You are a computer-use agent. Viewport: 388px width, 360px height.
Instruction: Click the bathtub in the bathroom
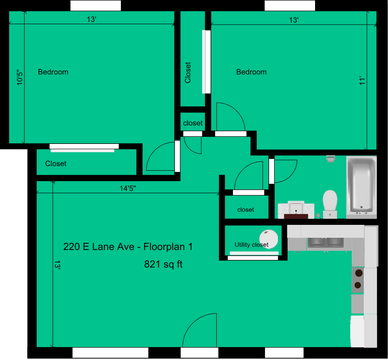click(361, 186)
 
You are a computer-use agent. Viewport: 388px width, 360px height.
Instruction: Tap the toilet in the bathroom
click(330, 203)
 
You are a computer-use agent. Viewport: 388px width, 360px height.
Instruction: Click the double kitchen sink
click(325, 242)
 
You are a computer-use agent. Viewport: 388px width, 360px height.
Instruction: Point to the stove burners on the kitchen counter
click(358, 279)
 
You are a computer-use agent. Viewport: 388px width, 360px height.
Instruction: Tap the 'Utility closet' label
click(251, 245)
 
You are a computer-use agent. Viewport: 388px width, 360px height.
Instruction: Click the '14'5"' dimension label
click(128, 188)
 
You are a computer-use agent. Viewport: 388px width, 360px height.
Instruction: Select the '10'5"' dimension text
click(19, 78)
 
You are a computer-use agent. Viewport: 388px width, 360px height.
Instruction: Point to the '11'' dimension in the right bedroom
click(362, 81)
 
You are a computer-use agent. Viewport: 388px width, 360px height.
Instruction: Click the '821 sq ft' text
click(163, 264)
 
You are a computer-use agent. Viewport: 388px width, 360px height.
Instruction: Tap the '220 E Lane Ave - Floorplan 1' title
click(128, 247)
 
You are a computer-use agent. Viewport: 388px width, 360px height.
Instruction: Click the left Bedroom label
click(53, 72)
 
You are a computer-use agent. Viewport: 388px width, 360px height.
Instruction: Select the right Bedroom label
click(251, 72)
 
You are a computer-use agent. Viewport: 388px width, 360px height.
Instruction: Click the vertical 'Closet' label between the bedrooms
click(188, 73)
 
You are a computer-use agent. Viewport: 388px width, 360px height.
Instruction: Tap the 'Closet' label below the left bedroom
click(56, 164)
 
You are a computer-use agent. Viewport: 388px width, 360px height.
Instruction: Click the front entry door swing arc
click(199, 330)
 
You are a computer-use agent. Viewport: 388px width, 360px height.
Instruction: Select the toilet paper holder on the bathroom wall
click(331, 158)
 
